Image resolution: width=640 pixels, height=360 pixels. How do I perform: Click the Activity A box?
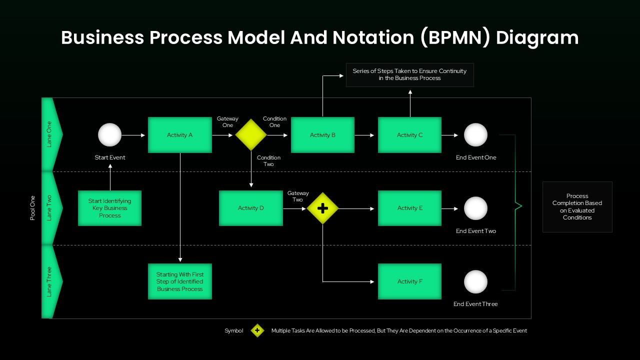click(180, 135)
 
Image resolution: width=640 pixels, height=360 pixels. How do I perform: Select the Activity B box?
click(322, 135)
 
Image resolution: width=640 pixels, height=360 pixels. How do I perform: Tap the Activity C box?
click(409, 135)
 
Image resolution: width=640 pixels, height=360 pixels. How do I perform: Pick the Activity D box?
click(251, 208)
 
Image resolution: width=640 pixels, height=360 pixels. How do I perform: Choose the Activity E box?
click(409, 208)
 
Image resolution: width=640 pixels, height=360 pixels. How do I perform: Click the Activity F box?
click(409, 281)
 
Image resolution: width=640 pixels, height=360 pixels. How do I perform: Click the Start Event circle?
click(110, 135)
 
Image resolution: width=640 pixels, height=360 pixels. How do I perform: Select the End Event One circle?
click(475, 135)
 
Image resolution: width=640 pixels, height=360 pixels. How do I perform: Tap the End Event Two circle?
click(475, 208)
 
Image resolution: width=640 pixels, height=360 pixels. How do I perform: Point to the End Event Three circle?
click(475, 281)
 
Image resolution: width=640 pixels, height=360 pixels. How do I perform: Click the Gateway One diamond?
click(251, 135)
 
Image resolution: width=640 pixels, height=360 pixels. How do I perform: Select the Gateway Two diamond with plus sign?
click(322, 208)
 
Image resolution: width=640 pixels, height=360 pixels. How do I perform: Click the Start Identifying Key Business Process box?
click(110, 208)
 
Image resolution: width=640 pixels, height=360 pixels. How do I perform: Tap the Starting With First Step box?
click(180, 281)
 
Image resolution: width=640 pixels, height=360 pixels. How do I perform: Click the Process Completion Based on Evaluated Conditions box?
click(577, 207)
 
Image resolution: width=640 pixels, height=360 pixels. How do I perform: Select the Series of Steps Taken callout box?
click(409, 74)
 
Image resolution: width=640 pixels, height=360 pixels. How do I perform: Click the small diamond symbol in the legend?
click(257, 330)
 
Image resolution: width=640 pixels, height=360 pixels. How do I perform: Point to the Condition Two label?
click(268, 161)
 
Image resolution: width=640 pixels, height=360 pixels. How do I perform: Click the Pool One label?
click(33, 208)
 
